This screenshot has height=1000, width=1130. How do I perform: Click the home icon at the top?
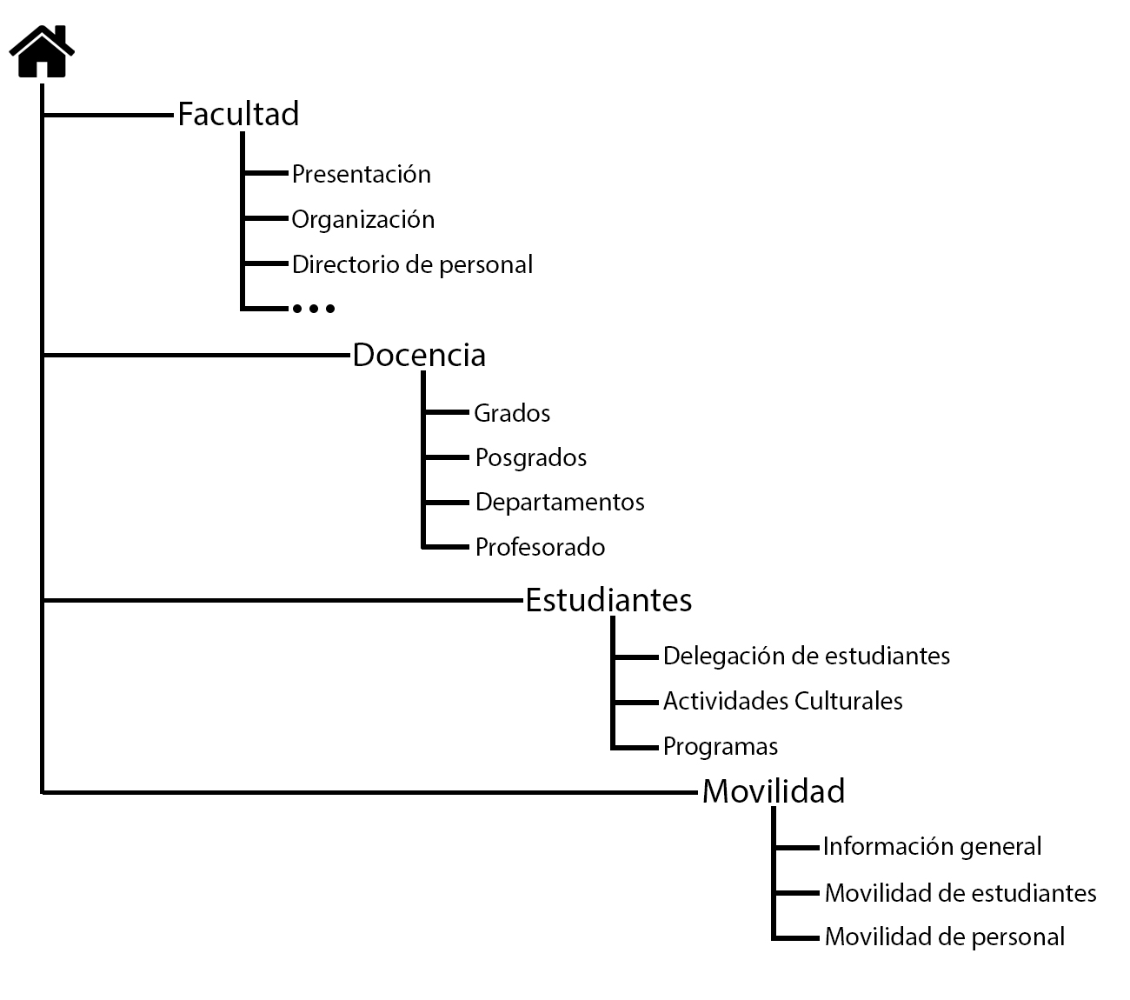pyautogui.click(x=42, y=52)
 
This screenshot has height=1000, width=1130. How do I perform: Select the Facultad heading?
pyautogui.click(x=238, y=114)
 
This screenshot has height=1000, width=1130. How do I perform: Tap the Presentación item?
pyautogui.click(x=361, y=174)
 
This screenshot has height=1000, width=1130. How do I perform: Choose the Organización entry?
pyautogui.click(x=362, y=219)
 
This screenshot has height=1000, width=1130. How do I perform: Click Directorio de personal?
pyautogui.click(x=412, y=264)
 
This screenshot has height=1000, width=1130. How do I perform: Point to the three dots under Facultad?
pyautogui.click(x=313, y=308)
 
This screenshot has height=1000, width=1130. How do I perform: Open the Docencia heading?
pyautogui.click(x=419, y=355)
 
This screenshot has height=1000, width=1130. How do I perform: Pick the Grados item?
pyautogui.click(x=512, y=413)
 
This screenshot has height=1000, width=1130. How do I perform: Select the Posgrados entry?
pyautogui.click(x=531, y=457)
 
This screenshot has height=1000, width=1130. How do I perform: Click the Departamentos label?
pyautogui.click(x=560, y=502)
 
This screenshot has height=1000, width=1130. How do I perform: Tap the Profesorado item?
pyautogui.click(x=540, y=547)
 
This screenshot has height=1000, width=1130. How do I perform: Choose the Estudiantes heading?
pyautogui.click(x=608, y=600)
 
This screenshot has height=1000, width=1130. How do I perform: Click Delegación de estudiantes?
pyautogui.click(x=806, y=656)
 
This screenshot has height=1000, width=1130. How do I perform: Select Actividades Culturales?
pyautogui.click(x=782, y=701)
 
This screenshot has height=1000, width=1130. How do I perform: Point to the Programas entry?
pyautogui.click(x=720, y=746)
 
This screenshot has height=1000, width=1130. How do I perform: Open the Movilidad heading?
pyautogui.click(x=774, y=791)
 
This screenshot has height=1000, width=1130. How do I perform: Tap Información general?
pyautogui.click(x=932, y=846)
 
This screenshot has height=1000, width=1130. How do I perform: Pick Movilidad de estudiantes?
pyautogui.click(x=960, y=893)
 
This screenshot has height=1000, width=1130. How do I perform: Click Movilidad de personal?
pyautogui.click(x=944, y=937)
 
